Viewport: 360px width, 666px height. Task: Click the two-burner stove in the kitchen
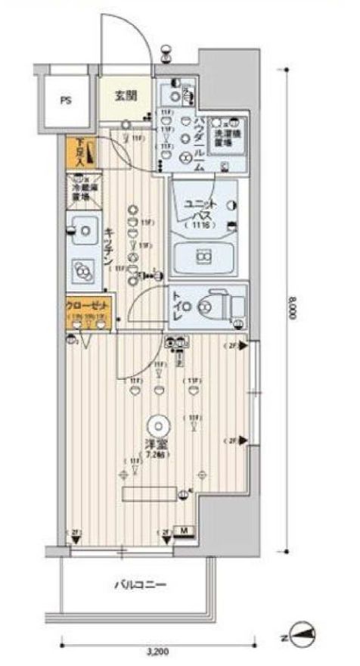[80, 270]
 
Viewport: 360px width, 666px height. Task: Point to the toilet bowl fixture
[213, 306]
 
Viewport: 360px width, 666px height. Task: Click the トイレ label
[178, 306]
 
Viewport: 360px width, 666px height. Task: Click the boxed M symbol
[184, 531]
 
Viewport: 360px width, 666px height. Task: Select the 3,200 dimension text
[157, 650]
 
